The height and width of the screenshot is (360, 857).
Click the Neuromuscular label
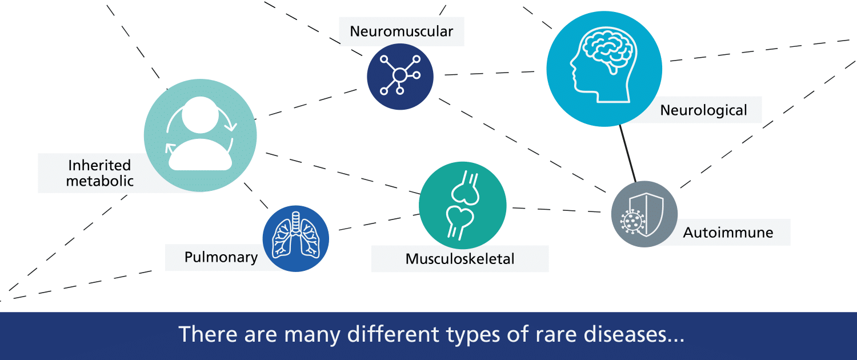click(x=401, y=31)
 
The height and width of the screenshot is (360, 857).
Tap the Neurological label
click(x=703, y=110)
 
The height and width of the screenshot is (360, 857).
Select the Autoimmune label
click(x=728, y=233)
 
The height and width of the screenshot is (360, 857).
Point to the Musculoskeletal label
click(x=460, y=259)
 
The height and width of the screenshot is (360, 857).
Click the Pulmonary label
click(x=221, y=257)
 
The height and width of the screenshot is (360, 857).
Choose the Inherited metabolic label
click(x=99, y=173)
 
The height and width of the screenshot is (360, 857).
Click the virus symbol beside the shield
click(x=632, y=222)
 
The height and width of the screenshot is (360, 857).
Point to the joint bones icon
click(x=462, y=206)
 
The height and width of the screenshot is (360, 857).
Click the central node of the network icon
click(x=400, y=75)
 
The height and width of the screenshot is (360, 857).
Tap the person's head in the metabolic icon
click(x=200, y=115)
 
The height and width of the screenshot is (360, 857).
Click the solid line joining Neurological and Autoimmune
click(x=628, y=153)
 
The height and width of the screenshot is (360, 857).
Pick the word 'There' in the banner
click(x=208, y=334)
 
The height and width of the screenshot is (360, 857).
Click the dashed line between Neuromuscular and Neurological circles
click(x=490, y=73)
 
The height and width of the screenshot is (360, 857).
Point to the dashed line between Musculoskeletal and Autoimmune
click(x=556, y=210)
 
